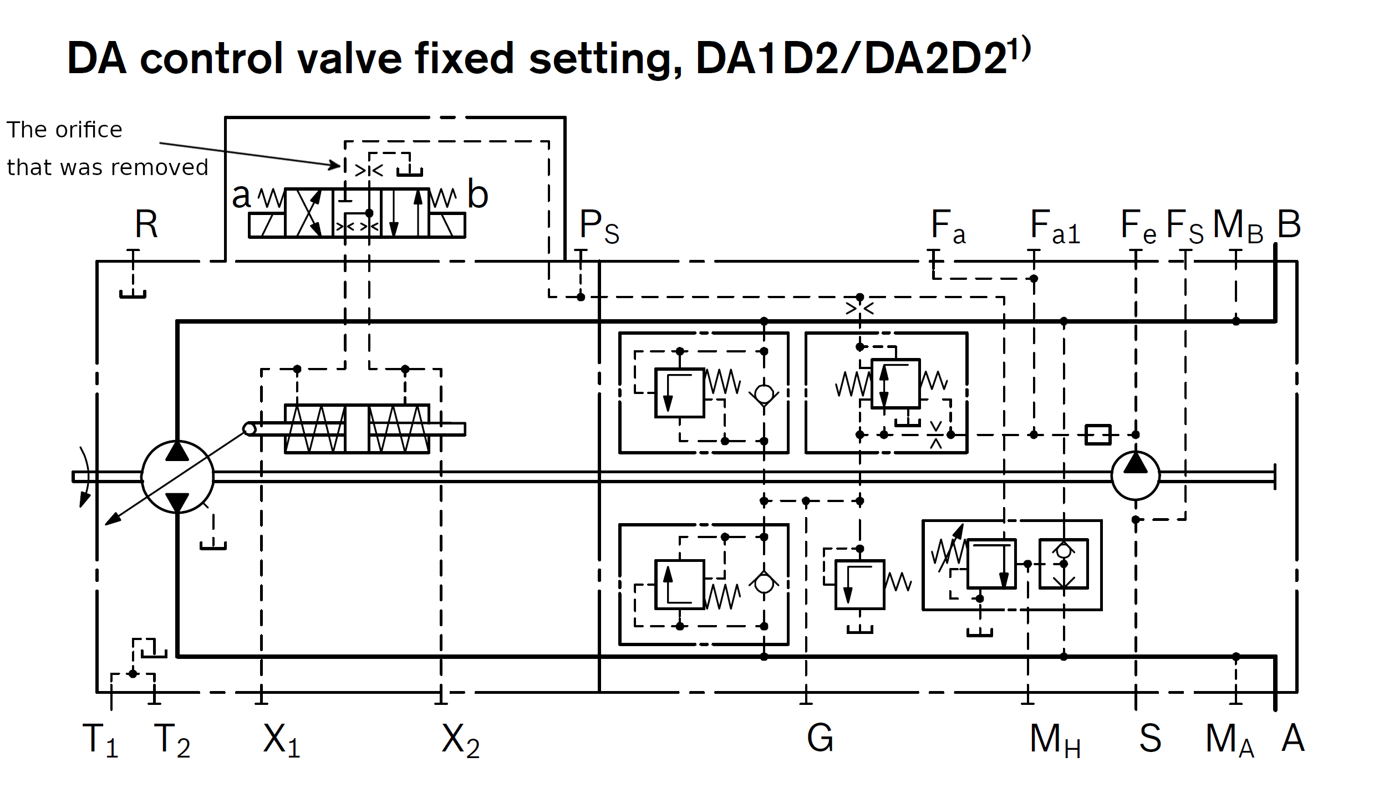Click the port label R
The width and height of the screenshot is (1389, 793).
pos(146,225)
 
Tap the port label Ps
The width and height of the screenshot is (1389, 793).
pos(598,227)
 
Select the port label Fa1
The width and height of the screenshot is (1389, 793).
pos(1055,227)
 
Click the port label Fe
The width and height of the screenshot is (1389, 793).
pos(1138,227)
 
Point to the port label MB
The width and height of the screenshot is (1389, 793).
pos(1238,227)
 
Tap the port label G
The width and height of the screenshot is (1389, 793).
pos(820,738)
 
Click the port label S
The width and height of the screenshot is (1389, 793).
pos(1150,738)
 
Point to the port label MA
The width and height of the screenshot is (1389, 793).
pos(1229,740)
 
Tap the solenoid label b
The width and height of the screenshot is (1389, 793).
pos(477,195)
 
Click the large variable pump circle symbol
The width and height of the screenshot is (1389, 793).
pos(177,477)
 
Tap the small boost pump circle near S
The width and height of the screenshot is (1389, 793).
pos(1135,476)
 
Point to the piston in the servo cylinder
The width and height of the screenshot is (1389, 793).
pos(357,429)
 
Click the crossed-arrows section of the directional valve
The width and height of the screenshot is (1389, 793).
pos(309,213)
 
